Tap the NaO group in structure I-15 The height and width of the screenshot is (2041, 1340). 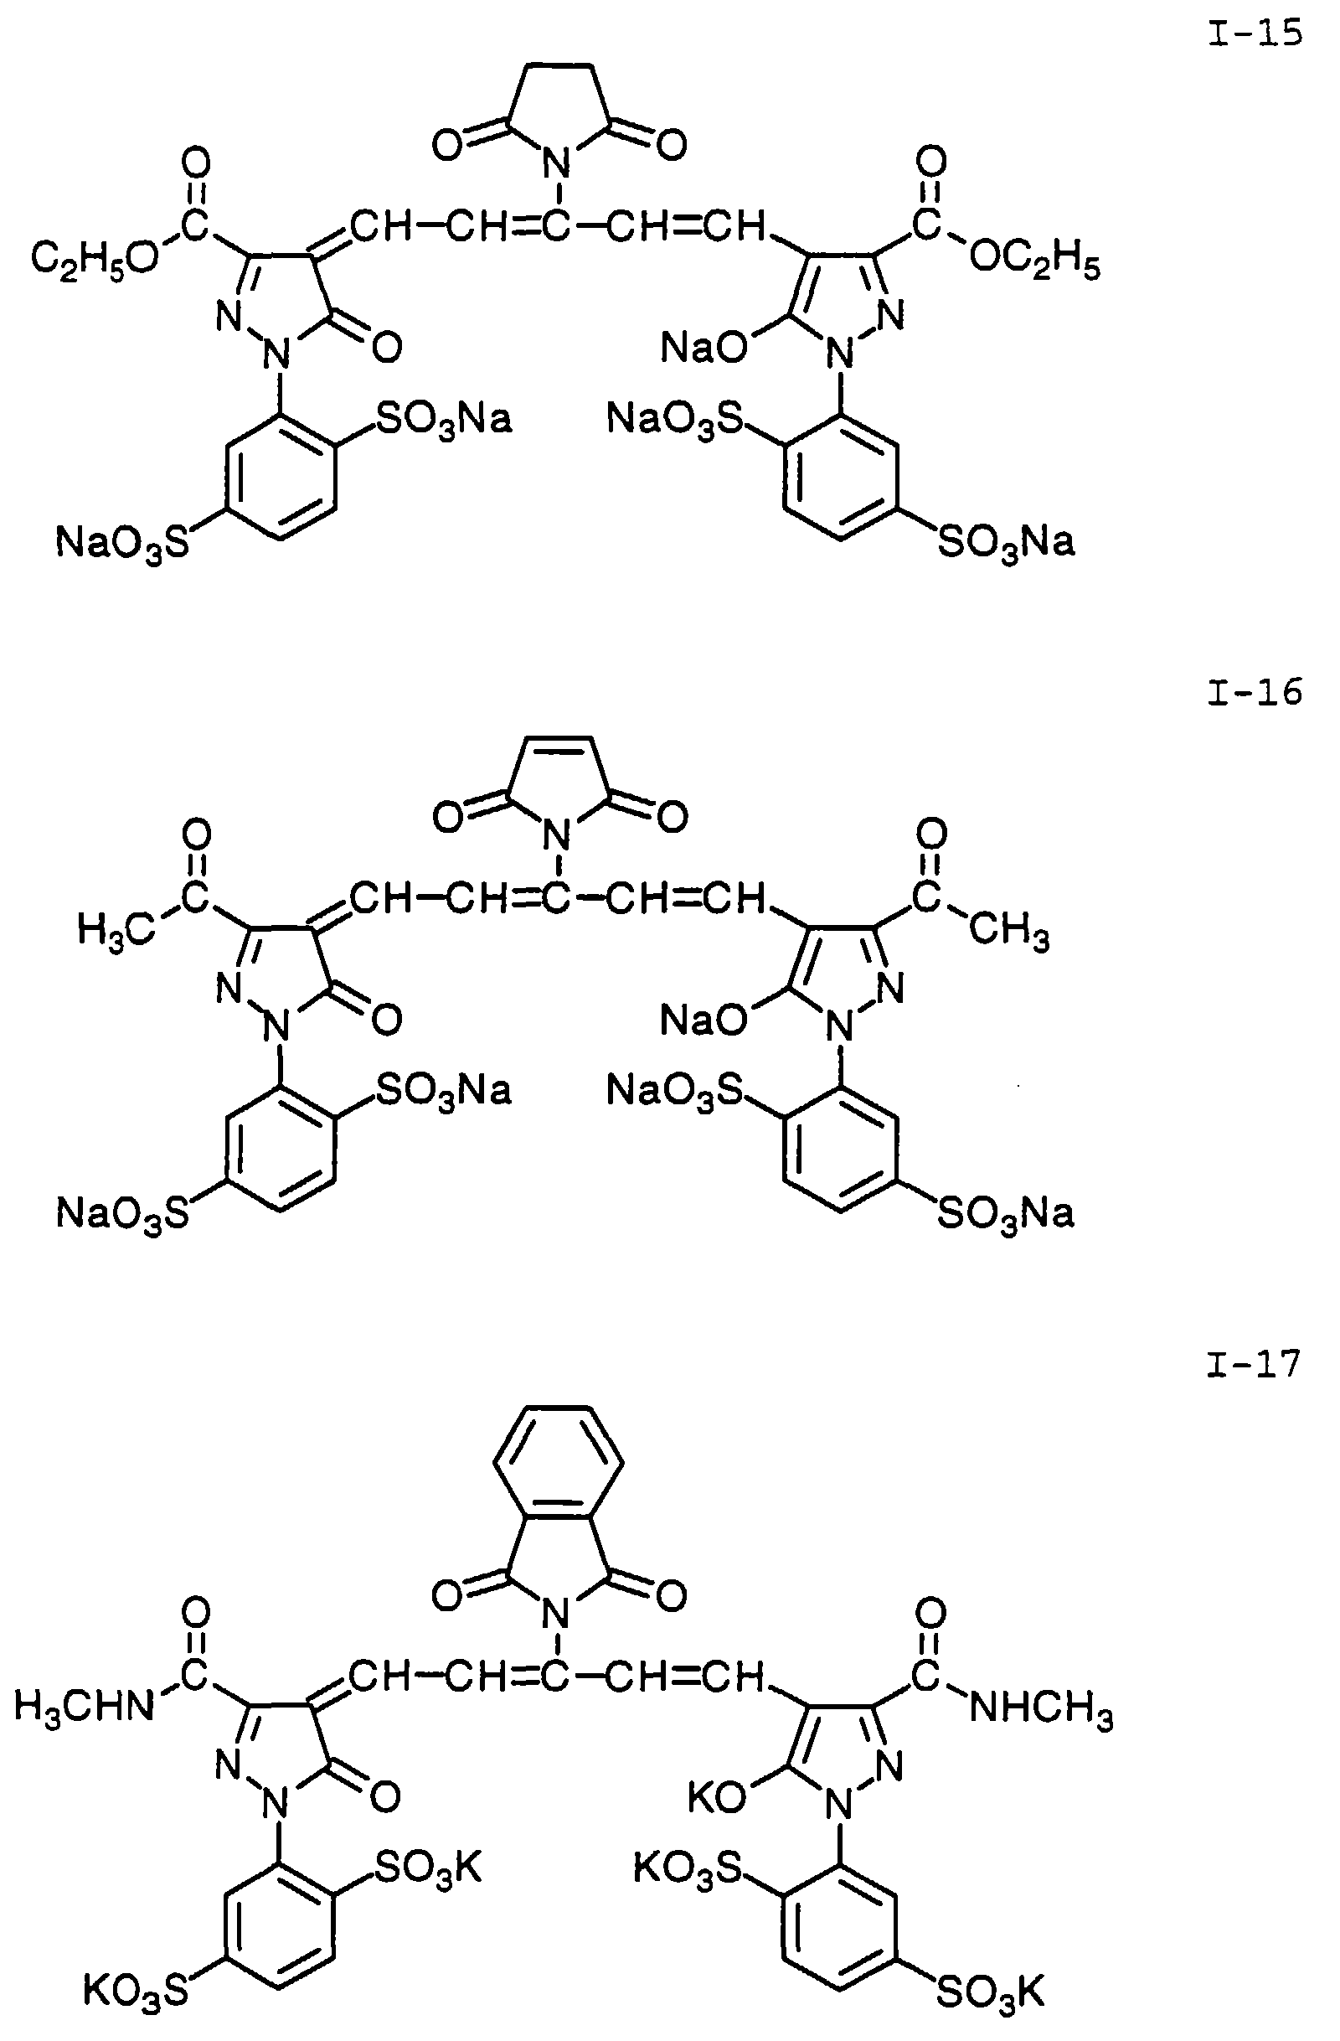click(x=703, y=348)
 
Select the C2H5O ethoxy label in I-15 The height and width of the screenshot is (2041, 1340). click(x=95, y=258)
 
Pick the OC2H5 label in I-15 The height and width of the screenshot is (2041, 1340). click(x=1034, y=260)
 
